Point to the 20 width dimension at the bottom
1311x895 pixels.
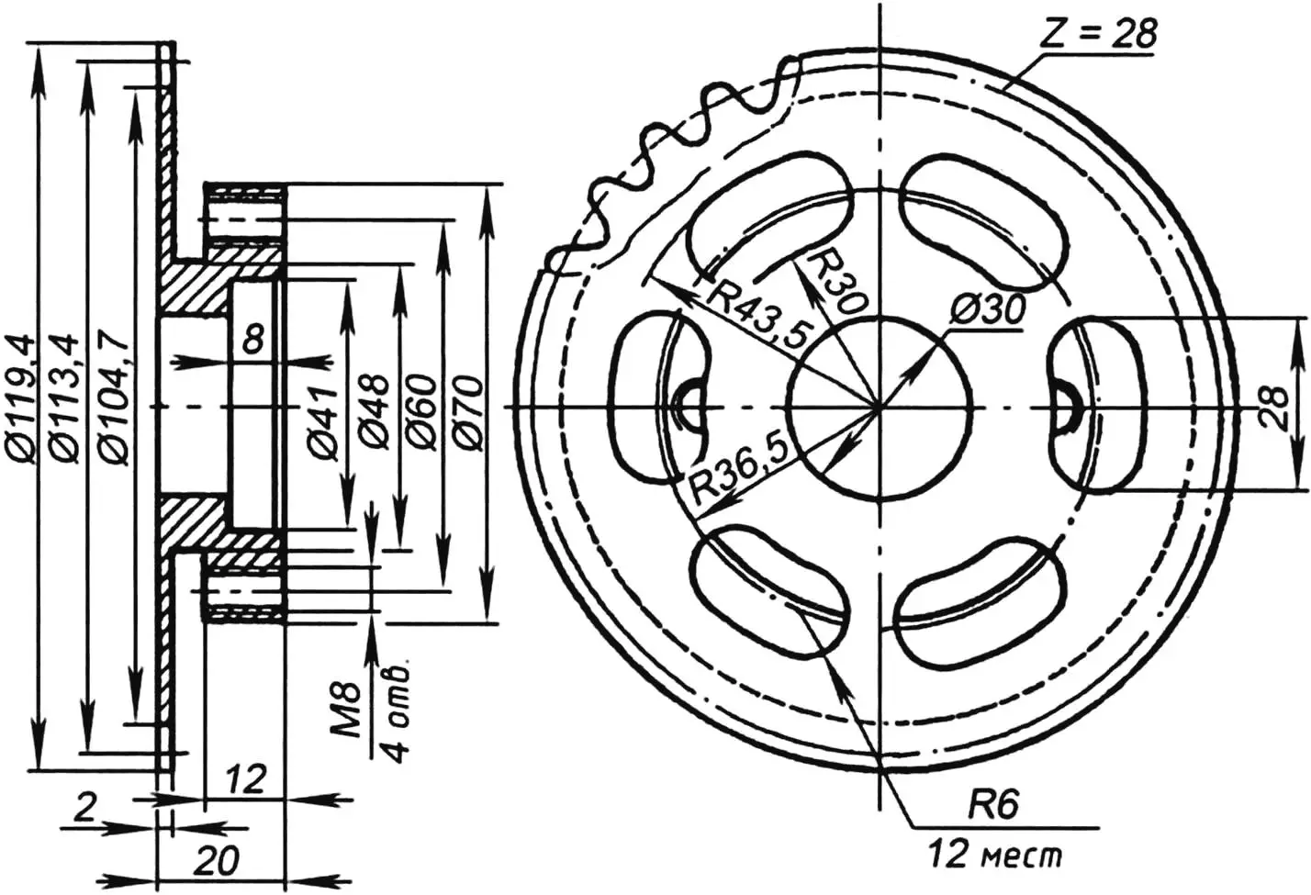pos(218,861)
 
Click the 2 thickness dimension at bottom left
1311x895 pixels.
pos(84,808)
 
